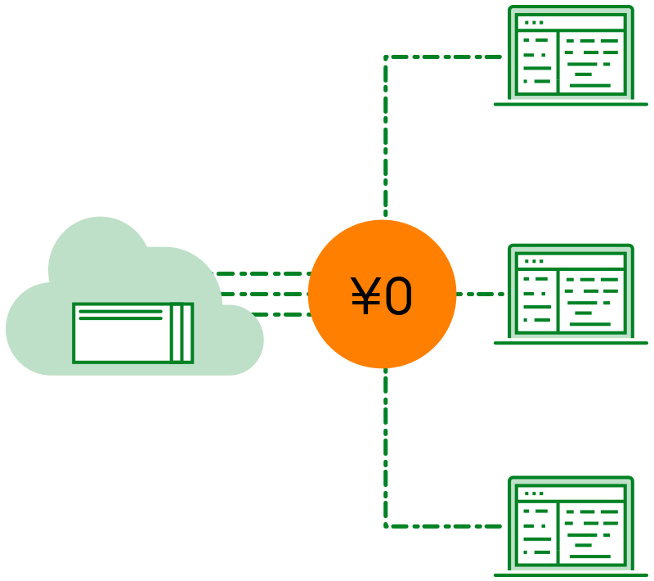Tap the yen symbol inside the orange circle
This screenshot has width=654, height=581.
pyautogui.click(x=365, y=296)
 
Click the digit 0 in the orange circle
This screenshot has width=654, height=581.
pyautogui.click(x=399, y=296)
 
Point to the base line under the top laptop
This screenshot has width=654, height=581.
pyautogui.click(x=571, y=104)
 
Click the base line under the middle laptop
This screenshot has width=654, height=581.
pyautogui.click(x=571, y=343)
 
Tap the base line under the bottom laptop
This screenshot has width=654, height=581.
pyautogui.click(x=571, y=574)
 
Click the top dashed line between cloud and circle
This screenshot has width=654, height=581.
pyautogui.click(x=262, y=273)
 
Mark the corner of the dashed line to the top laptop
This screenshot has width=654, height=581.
pyautogui.click(x=386, y=58)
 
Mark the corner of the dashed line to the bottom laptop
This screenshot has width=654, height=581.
pyautogui.click(x=386, y=525)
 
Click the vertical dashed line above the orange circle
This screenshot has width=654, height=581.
pyautogui.click(x=386, y=139)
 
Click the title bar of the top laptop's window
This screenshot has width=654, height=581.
pyautogui.click(x=571, y=22)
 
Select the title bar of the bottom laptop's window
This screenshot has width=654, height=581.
pyautogui.click(x=571, y=493)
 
